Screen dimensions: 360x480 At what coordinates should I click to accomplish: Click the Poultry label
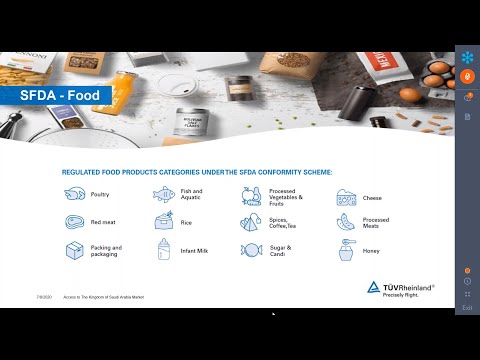[100, 194]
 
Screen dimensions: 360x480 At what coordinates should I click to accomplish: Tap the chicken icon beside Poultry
[74, 194]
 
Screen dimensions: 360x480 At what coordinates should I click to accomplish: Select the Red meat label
[103, 222]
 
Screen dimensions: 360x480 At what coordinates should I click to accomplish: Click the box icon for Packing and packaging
[74, 250]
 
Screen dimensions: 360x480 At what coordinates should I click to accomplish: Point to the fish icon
[163, 194]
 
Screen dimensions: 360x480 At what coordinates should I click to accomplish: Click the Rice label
[188, 222]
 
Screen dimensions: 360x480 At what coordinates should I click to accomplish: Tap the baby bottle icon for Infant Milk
[163, 250]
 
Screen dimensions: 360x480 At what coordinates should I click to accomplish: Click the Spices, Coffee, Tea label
[289, 222]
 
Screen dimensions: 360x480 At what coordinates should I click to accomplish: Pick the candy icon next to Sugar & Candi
[250, 250]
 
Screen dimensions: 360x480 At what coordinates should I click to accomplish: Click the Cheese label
[372, 198]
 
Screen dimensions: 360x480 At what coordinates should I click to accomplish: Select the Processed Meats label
[376, 222]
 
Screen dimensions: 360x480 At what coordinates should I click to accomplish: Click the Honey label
[372, 250]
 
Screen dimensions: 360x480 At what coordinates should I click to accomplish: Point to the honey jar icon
[346, 250]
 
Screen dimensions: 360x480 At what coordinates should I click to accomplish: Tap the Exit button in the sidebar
[467, 308]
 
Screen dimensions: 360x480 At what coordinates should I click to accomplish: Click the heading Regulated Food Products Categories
[196, 172]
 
